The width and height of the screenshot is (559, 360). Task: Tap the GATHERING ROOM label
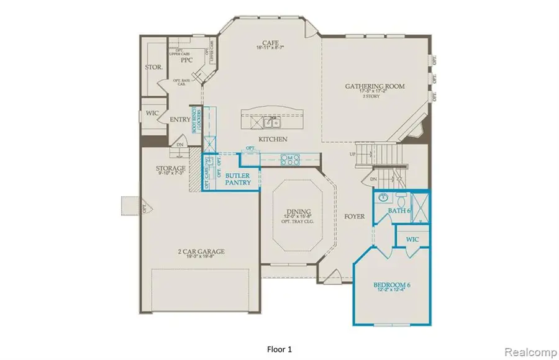(379, 86)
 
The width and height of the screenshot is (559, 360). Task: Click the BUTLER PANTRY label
(238, 179)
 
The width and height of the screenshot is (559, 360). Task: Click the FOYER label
(354, 217)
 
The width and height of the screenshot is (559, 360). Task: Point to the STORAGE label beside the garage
(170, 168)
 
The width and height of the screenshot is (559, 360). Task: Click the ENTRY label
(180, 119)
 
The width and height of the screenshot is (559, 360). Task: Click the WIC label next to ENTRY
(152, 114)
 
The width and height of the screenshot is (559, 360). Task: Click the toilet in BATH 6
(401, 200)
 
